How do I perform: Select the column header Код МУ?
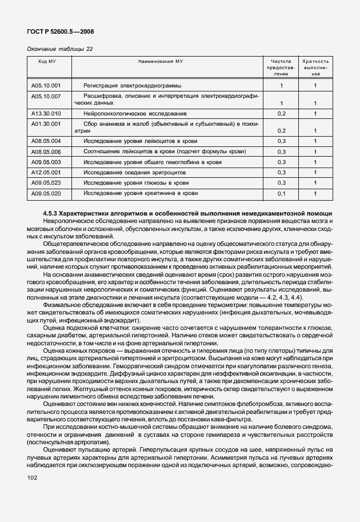pyautogui.click(x=47, y=61)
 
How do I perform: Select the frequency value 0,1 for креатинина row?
pyautogui.click(x=281, y=194)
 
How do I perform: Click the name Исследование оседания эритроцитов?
pyautogui.click(x=133, y=173)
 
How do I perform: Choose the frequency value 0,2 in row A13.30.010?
pyautogui.click(x=281, y=114)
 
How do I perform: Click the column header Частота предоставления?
pyautogui.click(x=281, y=67)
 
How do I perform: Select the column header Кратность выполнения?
pyautogui.click(x=315, y=67)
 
